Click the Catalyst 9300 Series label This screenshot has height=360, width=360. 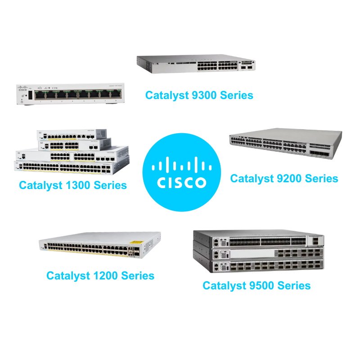[x=199, y=95]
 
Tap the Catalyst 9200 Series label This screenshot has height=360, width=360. [x=284, y=178]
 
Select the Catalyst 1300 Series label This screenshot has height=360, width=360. [x=73, y=185]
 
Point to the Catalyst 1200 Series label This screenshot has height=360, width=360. [x=100, y=275]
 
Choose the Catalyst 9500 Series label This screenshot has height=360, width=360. [x=256, y=285]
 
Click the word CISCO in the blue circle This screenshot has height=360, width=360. [x=181, y=183]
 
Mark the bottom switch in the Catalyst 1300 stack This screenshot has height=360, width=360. [x=72, y=167]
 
